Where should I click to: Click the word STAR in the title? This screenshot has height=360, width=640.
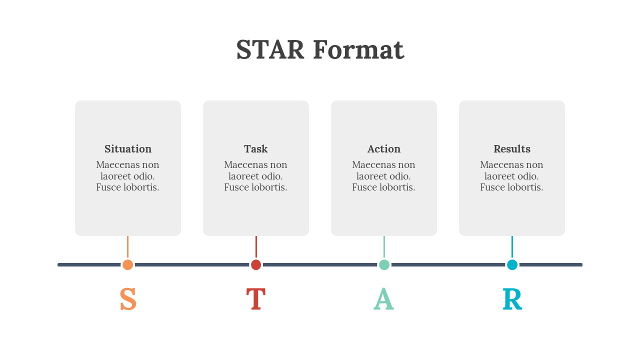(x=270, y=49)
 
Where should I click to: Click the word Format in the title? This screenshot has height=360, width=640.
(x=359, y=49)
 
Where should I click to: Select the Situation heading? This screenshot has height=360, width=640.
(x=127, y=149)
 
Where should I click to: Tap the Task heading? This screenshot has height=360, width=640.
(x=255, y=149)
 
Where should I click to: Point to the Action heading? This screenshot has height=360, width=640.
(x=383, y=149)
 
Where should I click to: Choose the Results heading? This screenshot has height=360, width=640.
(x=511, y=149)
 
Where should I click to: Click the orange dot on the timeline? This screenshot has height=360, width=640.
(x=127, y=265)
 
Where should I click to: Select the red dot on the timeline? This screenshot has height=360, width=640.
(x=256, y=265)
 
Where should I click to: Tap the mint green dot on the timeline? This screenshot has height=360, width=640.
(x=384, y=265)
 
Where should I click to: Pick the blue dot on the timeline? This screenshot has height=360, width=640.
(x=512, y=265)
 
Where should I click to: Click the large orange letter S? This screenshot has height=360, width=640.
(x=128, y=299)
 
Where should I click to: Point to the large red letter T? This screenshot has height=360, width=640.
(x=256, y=299)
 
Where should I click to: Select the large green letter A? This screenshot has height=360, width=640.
(x=383, y=299)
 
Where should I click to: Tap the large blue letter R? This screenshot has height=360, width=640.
(x=512, y=299)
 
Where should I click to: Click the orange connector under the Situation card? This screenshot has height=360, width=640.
(x=127, y=247)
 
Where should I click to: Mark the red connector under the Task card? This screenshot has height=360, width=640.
(x=256, y=247)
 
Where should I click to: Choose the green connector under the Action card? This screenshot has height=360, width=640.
(x=384, y=247)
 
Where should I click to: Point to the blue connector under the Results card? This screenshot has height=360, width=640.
(x=512, y=247)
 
